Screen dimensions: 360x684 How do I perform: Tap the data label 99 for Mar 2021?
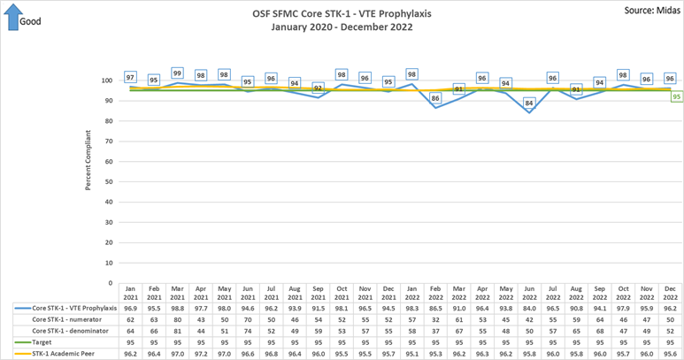point(177,73)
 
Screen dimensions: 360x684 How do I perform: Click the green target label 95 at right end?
point(676,97)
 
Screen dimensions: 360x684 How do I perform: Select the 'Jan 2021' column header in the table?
point(130,292)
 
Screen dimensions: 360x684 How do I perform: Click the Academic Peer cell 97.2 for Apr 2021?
point(200,353)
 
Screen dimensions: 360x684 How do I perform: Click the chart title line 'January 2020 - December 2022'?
point(342,27)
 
